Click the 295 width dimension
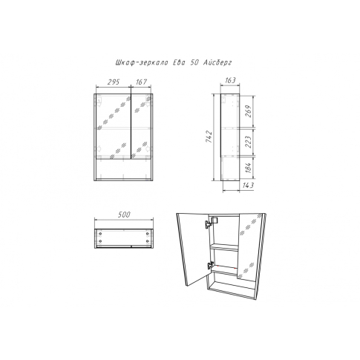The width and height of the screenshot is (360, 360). (x=114, y=82)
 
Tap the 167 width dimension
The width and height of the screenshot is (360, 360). (x=141, y=82)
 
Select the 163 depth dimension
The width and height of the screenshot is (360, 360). (x=230, y=80)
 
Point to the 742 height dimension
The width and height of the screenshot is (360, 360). (x=209, y=137)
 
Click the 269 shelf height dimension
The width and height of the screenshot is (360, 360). (x=249, y=111)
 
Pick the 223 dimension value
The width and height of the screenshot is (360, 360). (x=249, y=142)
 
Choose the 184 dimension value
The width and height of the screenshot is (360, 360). (x=249, y=168)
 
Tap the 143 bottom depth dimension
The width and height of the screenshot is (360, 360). (x=248, y=186)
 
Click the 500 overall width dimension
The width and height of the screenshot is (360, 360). (x=124, y=215)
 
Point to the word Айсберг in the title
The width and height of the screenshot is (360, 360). (x=217, y=63)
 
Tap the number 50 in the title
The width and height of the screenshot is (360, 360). (x=194, y=63)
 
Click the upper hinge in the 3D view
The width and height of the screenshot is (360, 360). (x=208, y=224)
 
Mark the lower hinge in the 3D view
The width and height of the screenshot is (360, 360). (x=210, y=266)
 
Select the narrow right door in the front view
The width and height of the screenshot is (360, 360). (x=141, y=126)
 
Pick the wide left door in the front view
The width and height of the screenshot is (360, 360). (x=113, y=126)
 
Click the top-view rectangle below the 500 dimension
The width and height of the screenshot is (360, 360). (x=124, y=238)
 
